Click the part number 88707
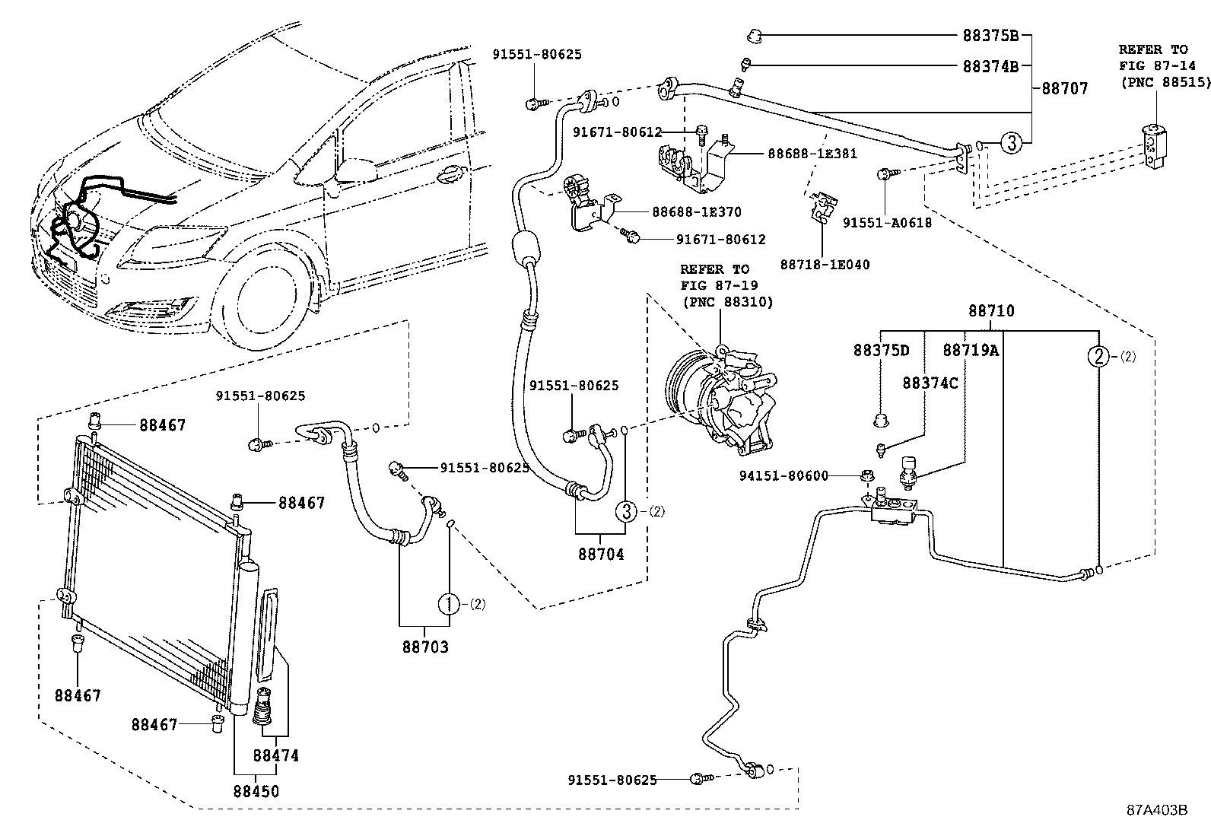[1064, 89]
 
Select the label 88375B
[990, 35]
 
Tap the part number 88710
[991, 311]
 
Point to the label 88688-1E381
[812, 153]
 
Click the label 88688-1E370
[696, 211]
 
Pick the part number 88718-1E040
[825, 265]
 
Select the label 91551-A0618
[887, 223]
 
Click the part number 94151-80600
[783, 476]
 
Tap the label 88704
[600, 555]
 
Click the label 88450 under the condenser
[256, 791]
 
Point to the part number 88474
[275, 755]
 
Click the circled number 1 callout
[449, 604]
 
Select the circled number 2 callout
[1098, 356]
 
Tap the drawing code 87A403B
[1156, 809]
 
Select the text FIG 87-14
[1152, 65]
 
